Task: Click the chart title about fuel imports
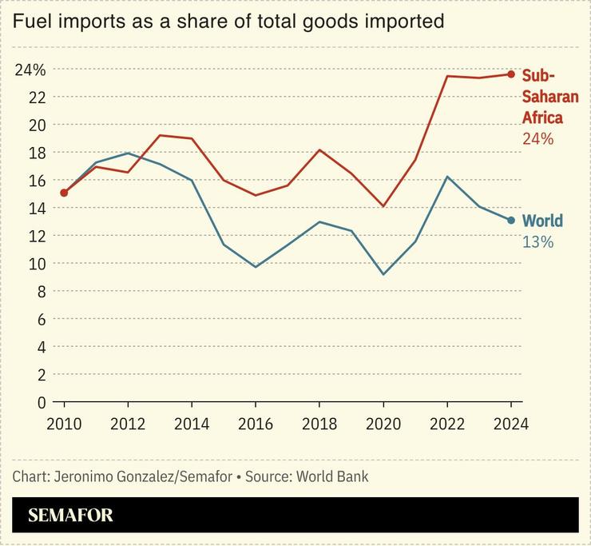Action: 228,22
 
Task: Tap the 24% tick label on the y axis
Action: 30,70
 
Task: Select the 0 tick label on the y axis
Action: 41,402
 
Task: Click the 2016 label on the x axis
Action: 255,424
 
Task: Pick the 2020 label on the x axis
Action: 383,424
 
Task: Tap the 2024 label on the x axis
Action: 510,424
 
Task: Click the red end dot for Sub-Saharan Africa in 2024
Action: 511,74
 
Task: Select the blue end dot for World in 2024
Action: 511,221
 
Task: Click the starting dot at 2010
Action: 64,193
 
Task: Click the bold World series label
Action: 542,221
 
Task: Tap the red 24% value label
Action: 537,139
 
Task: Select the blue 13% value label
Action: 537,241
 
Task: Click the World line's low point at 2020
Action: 383,274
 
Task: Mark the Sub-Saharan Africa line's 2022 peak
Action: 447,76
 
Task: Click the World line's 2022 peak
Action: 447,177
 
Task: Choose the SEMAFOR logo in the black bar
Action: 70,516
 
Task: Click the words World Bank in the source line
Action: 332,476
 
